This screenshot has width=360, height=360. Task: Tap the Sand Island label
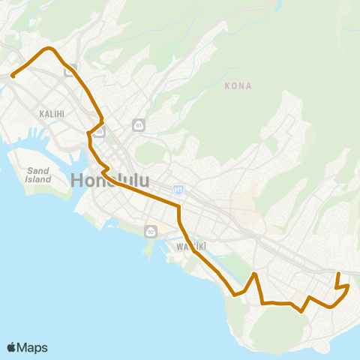pos(38,175)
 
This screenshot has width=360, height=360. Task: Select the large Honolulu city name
pos(109,181)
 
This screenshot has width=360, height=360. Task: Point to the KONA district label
pos(238,86)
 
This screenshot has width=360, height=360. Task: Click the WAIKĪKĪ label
pos(191,246)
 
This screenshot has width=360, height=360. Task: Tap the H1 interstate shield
pos(178,190)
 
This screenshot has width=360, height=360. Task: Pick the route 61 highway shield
pos(138,124)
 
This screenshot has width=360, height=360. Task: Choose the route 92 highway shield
pos(151,229)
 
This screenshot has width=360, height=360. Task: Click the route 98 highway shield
pos(99,130)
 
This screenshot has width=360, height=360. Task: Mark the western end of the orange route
pos(13,76)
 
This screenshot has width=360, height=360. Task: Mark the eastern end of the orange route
pos(339,274)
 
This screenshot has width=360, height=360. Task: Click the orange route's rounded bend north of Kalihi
pos(50,49)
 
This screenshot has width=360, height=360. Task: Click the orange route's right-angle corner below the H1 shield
pos(179,205)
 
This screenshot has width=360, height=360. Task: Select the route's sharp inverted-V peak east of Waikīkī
pos(256,274)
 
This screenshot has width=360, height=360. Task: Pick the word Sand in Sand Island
pos(38,170)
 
